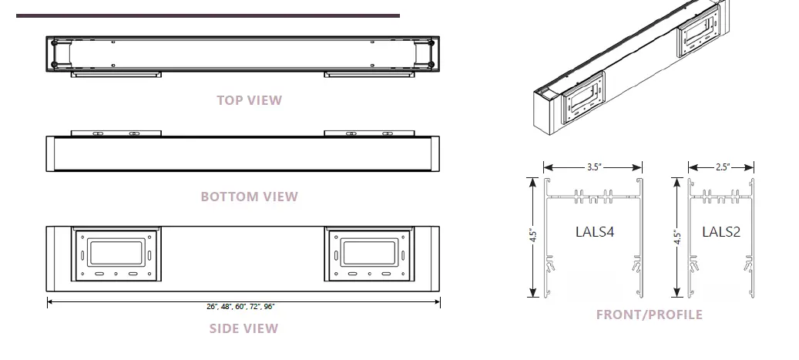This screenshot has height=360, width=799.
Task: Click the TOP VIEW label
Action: tap(249, 100)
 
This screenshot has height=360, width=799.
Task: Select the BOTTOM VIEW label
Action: tap(249, 197)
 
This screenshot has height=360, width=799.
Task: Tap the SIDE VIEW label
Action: tap(243, 328)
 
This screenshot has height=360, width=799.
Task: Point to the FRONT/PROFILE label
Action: tap(649, 315)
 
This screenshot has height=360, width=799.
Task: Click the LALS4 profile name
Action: tap(594, 230)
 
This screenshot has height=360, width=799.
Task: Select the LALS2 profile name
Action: tap(721, 230)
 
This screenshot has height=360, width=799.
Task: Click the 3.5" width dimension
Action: tap(593, 167)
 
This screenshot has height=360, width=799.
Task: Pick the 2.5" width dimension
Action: tap(721, 167)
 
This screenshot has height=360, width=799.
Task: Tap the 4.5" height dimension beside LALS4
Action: tap(532, 236)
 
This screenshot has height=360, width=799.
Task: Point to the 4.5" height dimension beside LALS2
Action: tap(677, 236)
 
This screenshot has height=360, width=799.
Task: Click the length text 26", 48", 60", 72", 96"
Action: tap(240, 306)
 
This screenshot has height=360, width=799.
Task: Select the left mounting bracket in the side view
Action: tap(116, 254)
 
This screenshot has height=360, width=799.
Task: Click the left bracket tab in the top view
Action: tap(116, 75)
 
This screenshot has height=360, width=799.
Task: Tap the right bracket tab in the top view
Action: tap(368, 75)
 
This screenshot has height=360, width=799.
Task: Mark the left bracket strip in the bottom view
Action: tap(116, 133)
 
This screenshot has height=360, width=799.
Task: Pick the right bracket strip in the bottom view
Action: tap(368, 133)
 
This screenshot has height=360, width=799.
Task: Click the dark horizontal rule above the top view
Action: tap(208, 15)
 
